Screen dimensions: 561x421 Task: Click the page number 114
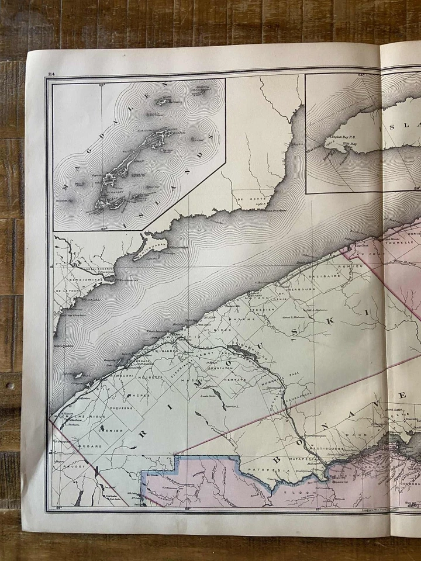point(51,73)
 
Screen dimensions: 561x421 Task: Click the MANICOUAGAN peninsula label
point(150,244)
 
